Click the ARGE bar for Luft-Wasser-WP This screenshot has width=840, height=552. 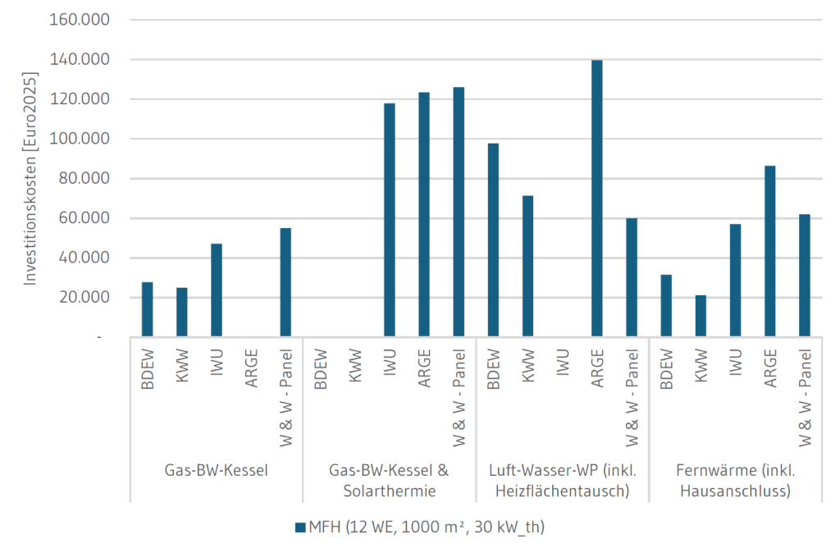tap(596, 198)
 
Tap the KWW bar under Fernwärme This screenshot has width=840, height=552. tap(701, 315)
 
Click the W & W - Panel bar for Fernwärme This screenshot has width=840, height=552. tap(805, 275)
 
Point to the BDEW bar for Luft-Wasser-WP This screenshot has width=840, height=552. tap(493, 240)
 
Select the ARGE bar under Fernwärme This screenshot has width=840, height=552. tap(770, 250)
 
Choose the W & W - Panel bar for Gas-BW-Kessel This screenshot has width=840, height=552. tap(285, 281)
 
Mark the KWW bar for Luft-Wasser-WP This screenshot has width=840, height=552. tap(527, 266)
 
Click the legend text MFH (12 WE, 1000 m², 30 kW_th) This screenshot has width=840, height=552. tap(426, 527)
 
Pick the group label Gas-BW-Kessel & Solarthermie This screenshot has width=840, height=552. tap(390, 481)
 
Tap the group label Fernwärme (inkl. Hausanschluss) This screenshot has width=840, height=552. tap(735, 481)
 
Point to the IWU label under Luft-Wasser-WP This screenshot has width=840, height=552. tap(563, 362)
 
